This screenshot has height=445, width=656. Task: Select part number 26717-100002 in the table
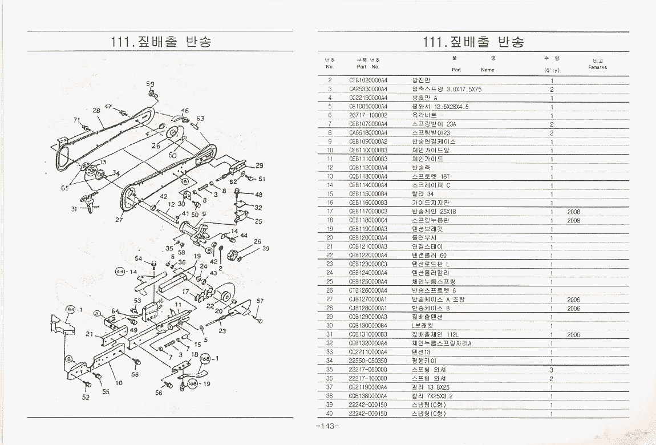click(x=368, y=115)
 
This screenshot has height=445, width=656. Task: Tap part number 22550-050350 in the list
click(x=368, y=361)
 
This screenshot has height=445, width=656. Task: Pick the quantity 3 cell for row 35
click(x=552, y=370)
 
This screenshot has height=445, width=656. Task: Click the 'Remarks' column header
click(x=598, y=67)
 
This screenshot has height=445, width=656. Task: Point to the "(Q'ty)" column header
click(x=552, y=71)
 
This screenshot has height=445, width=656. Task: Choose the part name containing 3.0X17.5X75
click(x=447, y=89)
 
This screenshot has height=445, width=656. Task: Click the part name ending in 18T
click(x=431, y=177)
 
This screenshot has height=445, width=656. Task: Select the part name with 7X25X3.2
click(x=432, y=396)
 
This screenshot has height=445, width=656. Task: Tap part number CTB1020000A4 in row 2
click(x=368, y=80)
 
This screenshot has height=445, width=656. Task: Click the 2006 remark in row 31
click(x=573, y=335)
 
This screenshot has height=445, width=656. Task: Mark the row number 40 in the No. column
click(x=329, y=414)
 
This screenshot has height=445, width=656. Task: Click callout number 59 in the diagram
click(x=150, y=84)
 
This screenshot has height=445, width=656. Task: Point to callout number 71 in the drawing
click(x=76, y=120)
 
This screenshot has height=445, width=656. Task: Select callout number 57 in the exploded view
click(x=260, y=301)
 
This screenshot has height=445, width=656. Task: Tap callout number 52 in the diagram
click(x=86, y=398)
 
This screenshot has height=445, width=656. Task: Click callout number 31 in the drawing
click(x=74, y=209)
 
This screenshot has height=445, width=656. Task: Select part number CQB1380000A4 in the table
click(x=368, y=396)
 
